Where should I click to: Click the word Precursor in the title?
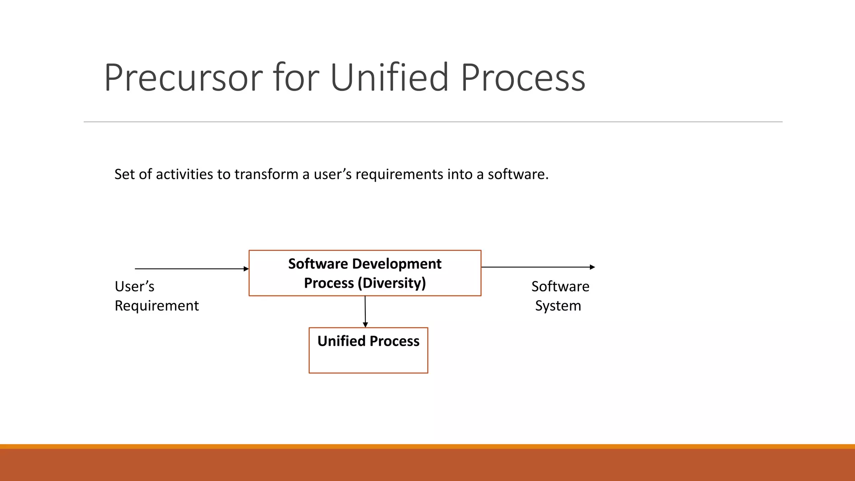(183, 78)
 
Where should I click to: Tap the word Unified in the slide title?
(390, 77)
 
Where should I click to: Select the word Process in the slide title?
(523, 78)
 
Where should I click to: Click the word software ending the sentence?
(518, 174)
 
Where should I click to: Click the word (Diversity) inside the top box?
(392, 283)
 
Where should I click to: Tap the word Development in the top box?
(397, 264)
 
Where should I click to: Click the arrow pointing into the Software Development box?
(192, 269)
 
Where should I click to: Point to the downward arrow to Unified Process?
(365, 311)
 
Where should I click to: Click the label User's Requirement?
(157, 296)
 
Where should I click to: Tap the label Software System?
(560, 296)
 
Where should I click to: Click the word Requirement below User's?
(157, 306)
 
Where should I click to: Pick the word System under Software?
(558, 306)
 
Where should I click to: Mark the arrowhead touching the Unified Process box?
(365, 325)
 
